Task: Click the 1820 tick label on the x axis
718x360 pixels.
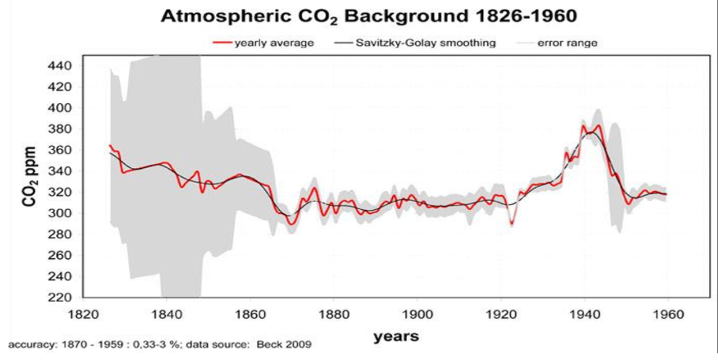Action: click(x=83, y=314)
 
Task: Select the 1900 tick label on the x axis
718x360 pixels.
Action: click(x=417, y=314)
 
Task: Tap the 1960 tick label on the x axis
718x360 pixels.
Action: click(x=668, y=314)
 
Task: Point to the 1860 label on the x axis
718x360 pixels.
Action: click(x=250, y=314)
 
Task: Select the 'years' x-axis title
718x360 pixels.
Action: click(x=396, y=336)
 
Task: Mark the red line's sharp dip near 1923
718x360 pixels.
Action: click(x=511, y=224)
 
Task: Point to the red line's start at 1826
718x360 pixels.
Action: click(x=110, y=145)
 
